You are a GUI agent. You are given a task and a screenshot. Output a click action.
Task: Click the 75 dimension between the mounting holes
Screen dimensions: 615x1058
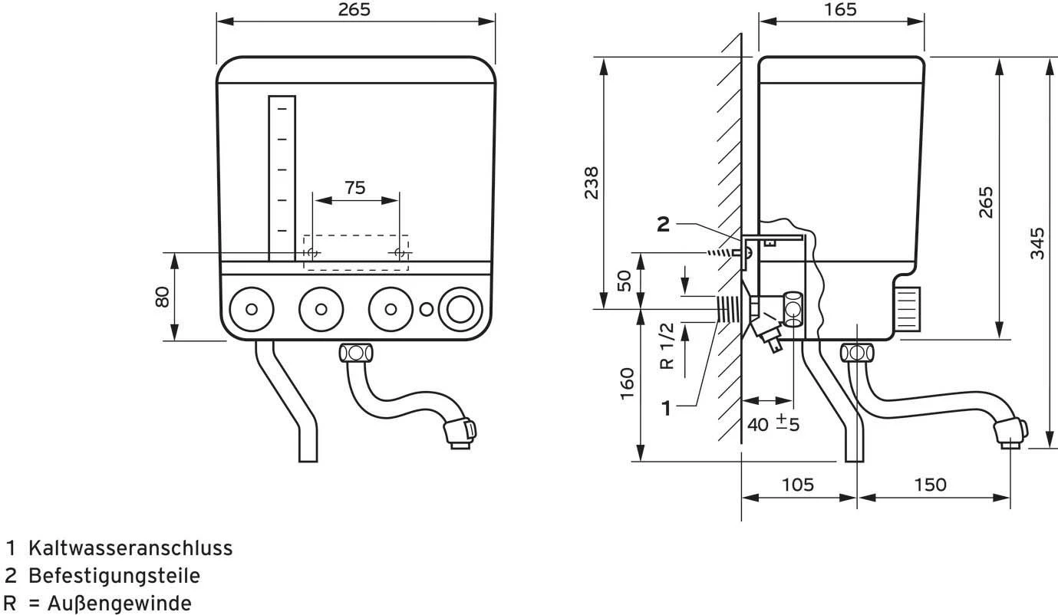click(x=355, y=188)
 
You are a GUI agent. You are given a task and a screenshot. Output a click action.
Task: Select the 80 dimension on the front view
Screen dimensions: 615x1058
click(x=162, y=296)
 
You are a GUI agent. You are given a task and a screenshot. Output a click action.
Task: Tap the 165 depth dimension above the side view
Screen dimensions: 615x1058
click(x=841, y=9)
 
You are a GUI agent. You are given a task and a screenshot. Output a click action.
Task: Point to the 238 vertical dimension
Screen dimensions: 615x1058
click(x=592, y=183)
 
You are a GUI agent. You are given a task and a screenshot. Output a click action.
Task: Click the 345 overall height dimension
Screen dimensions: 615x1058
click(x=1037, y=243)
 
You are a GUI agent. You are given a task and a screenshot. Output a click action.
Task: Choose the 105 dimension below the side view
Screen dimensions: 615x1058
click(x=798, y=485)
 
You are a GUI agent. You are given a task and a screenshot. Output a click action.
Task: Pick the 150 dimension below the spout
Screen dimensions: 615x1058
click(x=930, y=485)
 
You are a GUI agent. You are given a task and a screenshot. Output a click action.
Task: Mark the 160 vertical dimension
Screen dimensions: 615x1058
click(x=627, y=383)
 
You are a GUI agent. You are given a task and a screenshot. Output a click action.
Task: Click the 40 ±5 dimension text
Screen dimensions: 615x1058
click(x=773, y=423)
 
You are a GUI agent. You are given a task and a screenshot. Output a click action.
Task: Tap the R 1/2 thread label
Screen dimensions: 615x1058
click(x=667, y=345)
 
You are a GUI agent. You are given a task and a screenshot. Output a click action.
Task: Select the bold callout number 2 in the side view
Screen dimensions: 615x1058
click(x=663, y=224)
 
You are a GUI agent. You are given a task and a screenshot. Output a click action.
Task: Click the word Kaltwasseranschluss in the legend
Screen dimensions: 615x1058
click(x=130, y=548)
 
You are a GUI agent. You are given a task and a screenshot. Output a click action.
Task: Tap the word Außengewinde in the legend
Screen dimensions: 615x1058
click(x=120, y=603)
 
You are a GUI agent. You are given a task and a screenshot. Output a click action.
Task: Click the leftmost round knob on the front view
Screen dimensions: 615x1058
click(x=251, y=309)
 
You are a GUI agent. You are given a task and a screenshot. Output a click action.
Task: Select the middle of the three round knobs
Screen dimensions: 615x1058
click(x=321, y=309)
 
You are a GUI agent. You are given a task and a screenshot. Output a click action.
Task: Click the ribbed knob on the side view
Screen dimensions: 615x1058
click(x=906, y=309)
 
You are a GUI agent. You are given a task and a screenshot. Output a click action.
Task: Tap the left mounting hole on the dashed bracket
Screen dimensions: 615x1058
click(x=311, y=252)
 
